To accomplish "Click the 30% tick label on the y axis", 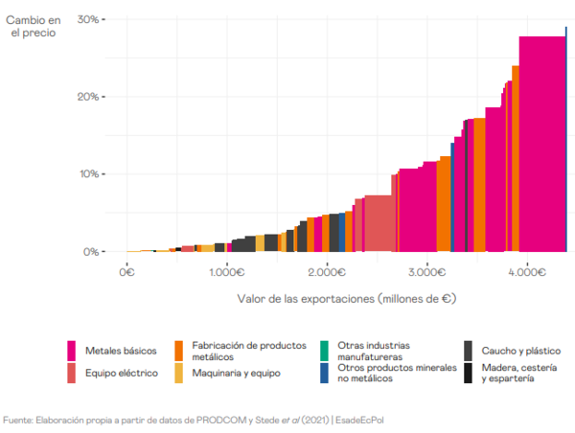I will pos(89,19).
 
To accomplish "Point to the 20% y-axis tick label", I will pos(89,97).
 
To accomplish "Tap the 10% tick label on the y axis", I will pos(89,174).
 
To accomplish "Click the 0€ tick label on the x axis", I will pos(126,271).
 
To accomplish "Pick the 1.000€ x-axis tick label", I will pos(226,271).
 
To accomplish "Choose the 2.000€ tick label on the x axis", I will pos(327,271).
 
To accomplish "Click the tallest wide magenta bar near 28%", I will pos(541,144).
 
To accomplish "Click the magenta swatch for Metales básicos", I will pos(72,350).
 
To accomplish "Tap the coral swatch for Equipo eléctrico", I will pos(72,372).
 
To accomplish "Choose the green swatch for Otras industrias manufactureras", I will pos(325,346).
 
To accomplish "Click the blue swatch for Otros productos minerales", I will pos(325,373).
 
